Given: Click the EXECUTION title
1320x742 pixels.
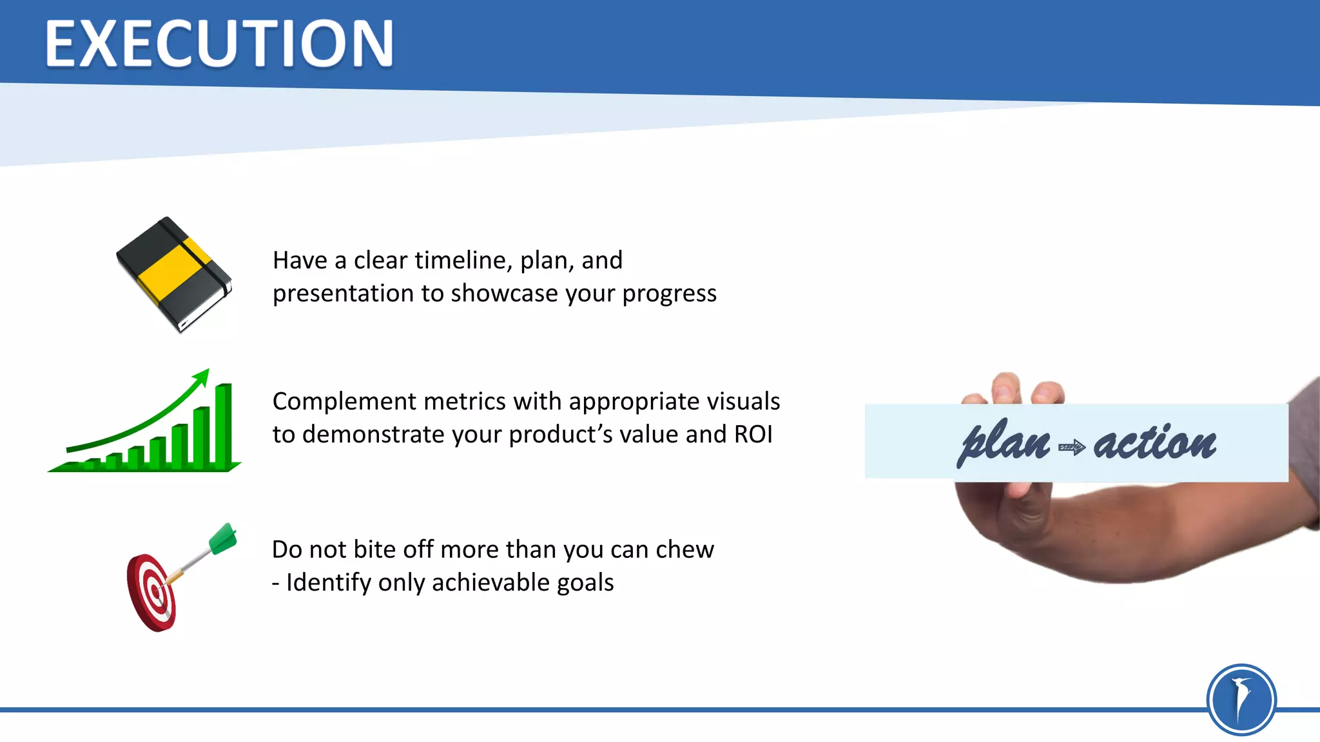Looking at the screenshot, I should tap(219, 44).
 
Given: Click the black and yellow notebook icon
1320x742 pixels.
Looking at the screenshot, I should tap(174, 275).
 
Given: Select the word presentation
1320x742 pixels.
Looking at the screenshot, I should tap(343, 294).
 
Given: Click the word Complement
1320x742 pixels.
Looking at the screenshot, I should tap(343, 402).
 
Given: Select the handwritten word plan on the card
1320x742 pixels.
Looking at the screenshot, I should tap(1004, 443).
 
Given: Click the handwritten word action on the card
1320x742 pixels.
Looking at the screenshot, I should tap(1154, 443).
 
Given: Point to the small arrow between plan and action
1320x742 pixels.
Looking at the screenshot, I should tap(1072, 446).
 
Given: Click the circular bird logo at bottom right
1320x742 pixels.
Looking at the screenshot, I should tap(1241, 699).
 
